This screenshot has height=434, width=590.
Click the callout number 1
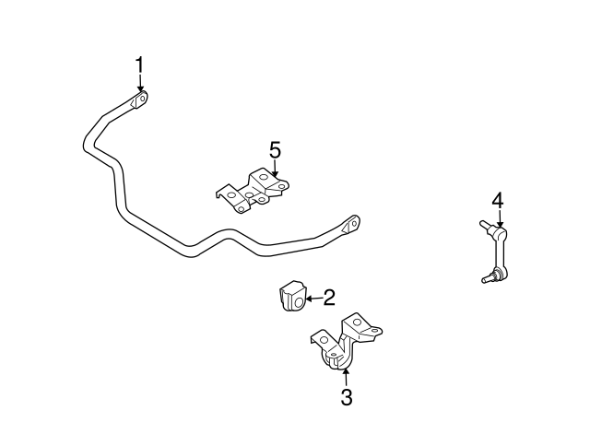(139, 65)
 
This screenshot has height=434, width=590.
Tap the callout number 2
(329, 298)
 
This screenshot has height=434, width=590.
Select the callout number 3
(347, 397)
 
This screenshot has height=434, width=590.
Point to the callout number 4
(498, 201)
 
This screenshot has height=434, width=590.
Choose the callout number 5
(275, 150)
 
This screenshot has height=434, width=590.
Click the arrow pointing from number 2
(313, 299)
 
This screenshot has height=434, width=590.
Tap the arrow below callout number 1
(140, 83)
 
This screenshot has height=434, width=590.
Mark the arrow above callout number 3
(346, 378)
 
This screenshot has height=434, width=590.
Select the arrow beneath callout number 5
(275, 168)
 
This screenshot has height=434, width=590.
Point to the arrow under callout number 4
(500, 218)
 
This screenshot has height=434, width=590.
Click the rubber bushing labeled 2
(293, 296)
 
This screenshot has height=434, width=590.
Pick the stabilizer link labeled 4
(494, 252)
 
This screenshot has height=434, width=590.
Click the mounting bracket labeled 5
(253, 191)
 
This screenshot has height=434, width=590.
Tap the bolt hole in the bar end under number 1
(143, 99)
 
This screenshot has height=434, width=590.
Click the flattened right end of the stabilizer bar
(351, 225)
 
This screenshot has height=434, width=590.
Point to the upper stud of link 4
(485, 225)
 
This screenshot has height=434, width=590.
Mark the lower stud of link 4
(488, 278)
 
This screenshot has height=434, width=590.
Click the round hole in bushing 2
(299, 302)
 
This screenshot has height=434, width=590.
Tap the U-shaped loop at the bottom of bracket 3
(336, 360)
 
